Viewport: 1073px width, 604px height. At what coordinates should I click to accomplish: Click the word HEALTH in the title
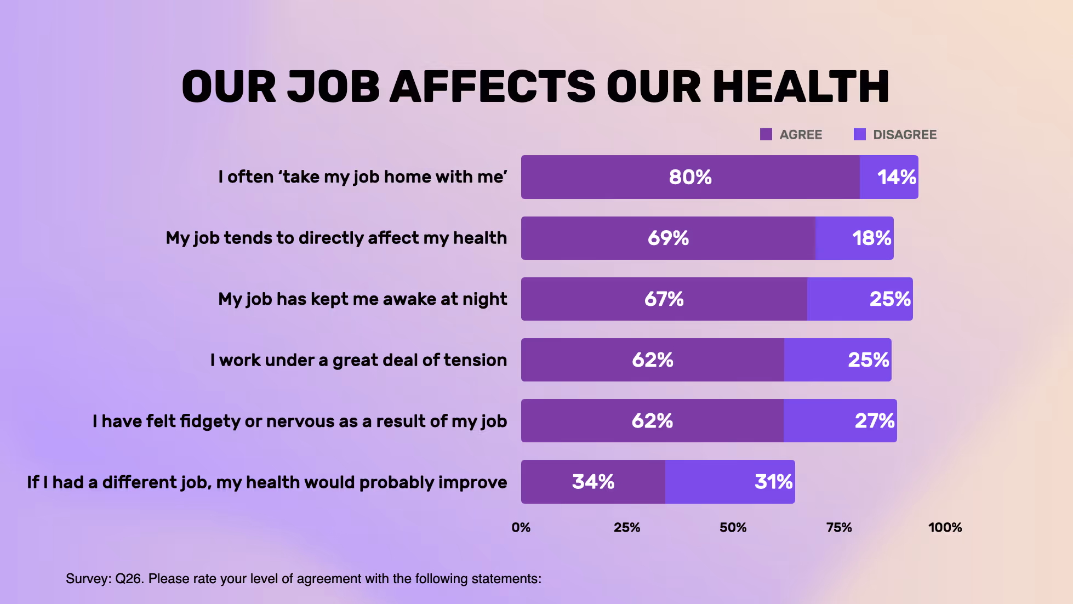click(x=801, y=87)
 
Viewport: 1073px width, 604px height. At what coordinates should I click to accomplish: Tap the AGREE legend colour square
click(x=766, y=134)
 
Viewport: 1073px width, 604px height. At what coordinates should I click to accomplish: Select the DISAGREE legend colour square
click(x=859, y=134)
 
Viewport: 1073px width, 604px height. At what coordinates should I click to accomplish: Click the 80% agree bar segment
click(x=690, y=177)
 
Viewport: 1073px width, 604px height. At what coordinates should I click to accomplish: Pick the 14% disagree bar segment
click(x=889, y=177)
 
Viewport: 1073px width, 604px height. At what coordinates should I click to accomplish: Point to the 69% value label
click(x=668, y=238)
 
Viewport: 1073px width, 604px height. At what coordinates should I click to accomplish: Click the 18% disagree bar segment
click(x=854, y=238)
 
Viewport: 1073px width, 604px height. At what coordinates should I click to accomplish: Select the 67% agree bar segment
click(x=664, y=299)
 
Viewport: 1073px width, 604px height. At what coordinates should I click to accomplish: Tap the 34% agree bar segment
click(x=593, y=482)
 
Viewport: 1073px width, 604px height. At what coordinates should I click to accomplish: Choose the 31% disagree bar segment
click(x=730, y=482)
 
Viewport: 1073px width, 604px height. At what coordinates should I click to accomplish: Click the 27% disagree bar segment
click(x=840, y=421)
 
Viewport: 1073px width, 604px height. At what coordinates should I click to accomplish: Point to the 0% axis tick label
click(x=521, y=527)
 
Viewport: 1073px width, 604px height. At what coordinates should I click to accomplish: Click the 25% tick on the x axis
click(x=627, y=527)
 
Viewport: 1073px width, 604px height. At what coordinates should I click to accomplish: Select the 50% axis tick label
click(x=733, y=527)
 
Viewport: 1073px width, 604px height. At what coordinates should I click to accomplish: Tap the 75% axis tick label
click(x=839, y=527)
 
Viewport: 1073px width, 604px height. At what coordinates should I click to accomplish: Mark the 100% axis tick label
click(x=945, y=527)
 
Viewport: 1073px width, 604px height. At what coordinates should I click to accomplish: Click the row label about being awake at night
click(x=362, y=299)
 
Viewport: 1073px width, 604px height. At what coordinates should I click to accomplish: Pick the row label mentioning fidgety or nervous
click(x=300, y=421)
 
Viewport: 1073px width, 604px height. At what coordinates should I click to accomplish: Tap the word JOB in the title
click(x=333, y=87)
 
